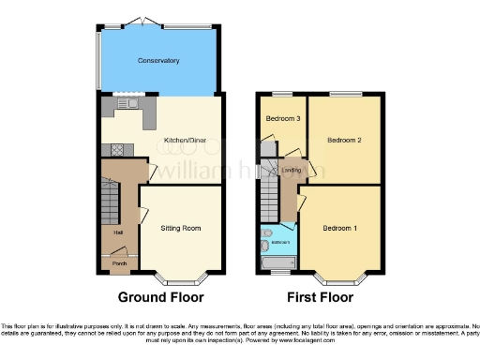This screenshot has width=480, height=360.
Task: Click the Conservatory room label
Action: pos(158,61)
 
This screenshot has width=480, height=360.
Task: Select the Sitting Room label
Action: pos(180,228)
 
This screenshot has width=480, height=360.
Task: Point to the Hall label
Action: pos(118,232)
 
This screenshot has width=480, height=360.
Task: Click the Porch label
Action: pos(120,263)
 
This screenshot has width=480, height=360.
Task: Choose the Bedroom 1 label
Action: pos(340,228)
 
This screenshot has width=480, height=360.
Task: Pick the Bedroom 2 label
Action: pos(343,140)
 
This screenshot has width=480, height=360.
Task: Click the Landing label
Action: pos(292,170)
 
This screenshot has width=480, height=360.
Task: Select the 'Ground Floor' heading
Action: pos(160,298)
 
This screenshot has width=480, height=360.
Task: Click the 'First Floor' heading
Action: pos(321,298)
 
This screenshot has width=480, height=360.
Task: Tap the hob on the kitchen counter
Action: pos(118,148)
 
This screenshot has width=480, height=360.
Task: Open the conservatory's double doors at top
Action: pos(147,20)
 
